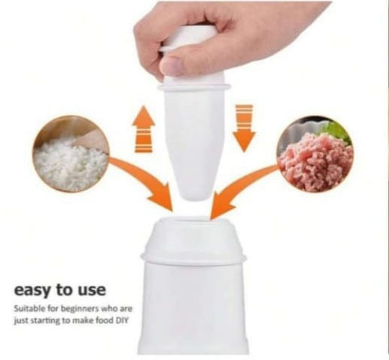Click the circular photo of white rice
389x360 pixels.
click(x=71, y=154)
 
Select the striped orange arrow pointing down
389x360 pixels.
click(x=245, y=128)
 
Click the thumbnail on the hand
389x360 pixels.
click(x=174, y=66)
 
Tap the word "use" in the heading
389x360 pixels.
click(x=90, y=289)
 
